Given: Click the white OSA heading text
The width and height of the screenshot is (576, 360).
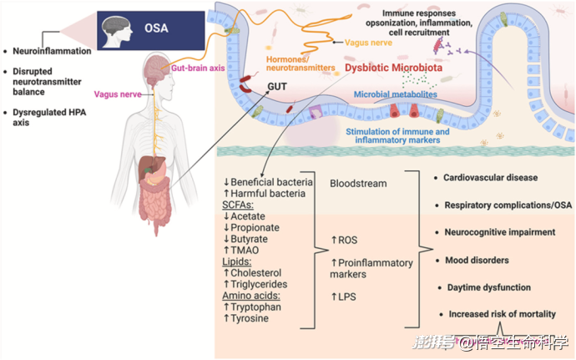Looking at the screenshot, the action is tap(156, 28).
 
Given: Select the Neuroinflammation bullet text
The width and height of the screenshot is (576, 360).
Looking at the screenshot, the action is tap(52, 51).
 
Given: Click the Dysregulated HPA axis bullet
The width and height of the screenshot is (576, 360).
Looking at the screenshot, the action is tap(49, 117).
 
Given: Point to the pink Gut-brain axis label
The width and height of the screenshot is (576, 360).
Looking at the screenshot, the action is tap(198, 68).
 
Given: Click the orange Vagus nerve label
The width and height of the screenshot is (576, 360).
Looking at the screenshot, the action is tap(368, 43).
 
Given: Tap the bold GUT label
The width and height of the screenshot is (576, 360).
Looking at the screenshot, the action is tap(277, 86).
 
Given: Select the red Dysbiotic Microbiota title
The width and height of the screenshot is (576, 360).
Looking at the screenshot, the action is tap(393, 68).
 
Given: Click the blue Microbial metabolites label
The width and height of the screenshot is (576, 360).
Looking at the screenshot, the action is tap(395, 94).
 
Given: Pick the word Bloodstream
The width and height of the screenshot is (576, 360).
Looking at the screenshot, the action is tap(358, 184).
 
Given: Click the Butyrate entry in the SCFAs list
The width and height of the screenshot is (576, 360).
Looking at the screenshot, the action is tap(245, 239).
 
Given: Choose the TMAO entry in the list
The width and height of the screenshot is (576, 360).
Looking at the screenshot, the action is tap(241, 251).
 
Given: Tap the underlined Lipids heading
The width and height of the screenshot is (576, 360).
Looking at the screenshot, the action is tap(236, 261).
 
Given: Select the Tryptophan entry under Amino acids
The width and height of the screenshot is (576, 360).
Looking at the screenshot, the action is tap(252, 307).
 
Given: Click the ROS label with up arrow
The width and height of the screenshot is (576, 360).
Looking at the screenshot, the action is tap(344, 240).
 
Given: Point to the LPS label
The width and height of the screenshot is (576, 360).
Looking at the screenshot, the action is tap(343, 297).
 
